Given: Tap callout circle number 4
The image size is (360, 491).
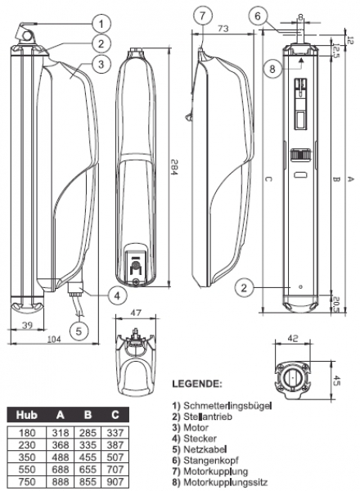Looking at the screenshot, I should pyautogui.click(x=117, y=295).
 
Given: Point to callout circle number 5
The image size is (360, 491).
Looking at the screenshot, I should pyautogui.click(x=79, y=331).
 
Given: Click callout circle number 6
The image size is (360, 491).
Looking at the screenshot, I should pyautogui.click(x=257, y=16).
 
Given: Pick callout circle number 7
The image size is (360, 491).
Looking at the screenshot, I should pyautogui.click(x=204, y=16).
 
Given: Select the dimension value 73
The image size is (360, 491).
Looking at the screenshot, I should pyautogui.click(x=223, y=30).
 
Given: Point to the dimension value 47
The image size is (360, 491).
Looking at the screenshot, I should pyautogui.click(x=135, y=313).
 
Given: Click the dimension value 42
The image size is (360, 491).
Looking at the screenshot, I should pyautogui.click(x=291, y=336).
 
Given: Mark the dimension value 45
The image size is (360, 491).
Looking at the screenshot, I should pyautogui.click(x=335, y=377).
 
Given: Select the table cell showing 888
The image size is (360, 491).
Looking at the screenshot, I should pyautogui.click(x=59, y=483).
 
